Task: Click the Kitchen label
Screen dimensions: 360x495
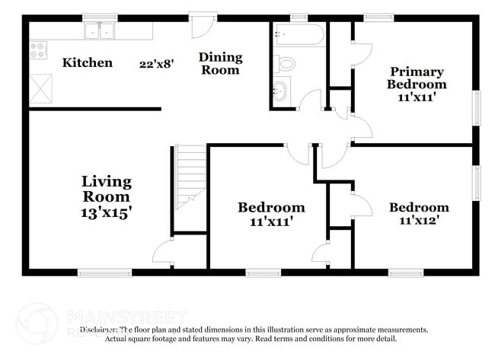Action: [x=87, y=63]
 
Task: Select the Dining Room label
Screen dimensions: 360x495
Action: [x=220, y=64]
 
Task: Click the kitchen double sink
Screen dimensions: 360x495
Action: [x=100, y=31]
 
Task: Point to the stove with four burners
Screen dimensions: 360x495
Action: [x=38, y=50]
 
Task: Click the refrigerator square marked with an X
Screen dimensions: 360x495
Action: [x=41, y=88]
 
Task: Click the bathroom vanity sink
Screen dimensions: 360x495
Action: [x=279, y=92]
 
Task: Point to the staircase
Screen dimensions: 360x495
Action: [x=191, y=177]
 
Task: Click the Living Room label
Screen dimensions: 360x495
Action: [x=107, y=189]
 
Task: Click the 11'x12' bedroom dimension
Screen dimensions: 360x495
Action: [x=419, y=221]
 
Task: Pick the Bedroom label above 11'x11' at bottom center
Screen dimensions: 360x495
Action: [x=271, y=207]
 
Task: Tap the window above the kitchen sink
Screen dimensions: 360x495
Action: [x=100, y=17]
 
